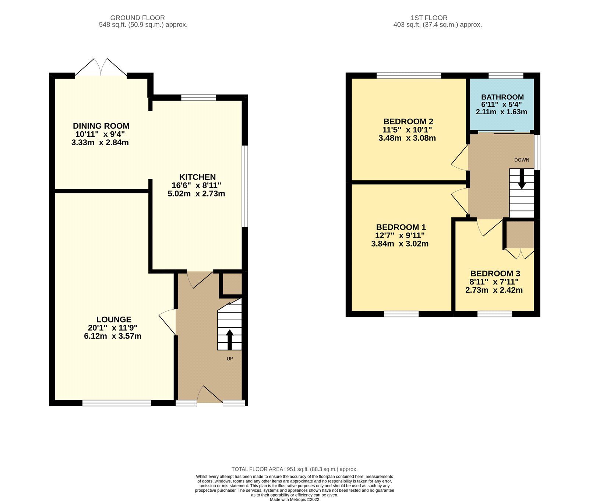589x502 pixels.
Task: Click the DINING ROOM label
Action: [101, 126]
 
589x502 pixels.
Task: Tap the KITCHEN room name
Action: [197, 177]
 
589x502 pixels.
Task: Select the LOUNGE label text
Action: [114, 320]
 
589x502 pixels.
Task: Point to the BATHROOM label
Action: [502, 97]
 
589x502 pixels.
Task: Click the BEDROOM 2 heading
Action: [408, 122]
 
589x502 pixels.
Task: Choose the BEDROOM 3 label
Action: [495, 273]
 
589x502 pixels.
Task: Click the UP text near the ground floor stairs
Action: [230, 359]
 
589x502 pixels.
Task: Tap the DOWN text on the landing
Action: [521, 160]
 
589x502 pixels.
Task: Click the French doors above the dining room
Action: [101, 68]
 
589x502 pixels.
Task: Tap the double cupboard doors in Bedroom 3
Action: [519, 253]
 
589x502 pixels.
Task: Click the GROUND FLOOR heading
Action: [137, 18]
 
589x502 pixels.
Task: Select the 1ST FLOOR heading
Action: [429, 18]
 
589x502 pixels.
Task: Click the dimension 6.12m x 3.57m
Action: [113, 336]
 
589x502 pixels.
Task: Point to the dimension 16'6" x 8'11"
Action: [196, 185]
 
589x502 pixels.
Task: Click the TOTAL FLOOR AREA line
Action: [294, 469]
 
